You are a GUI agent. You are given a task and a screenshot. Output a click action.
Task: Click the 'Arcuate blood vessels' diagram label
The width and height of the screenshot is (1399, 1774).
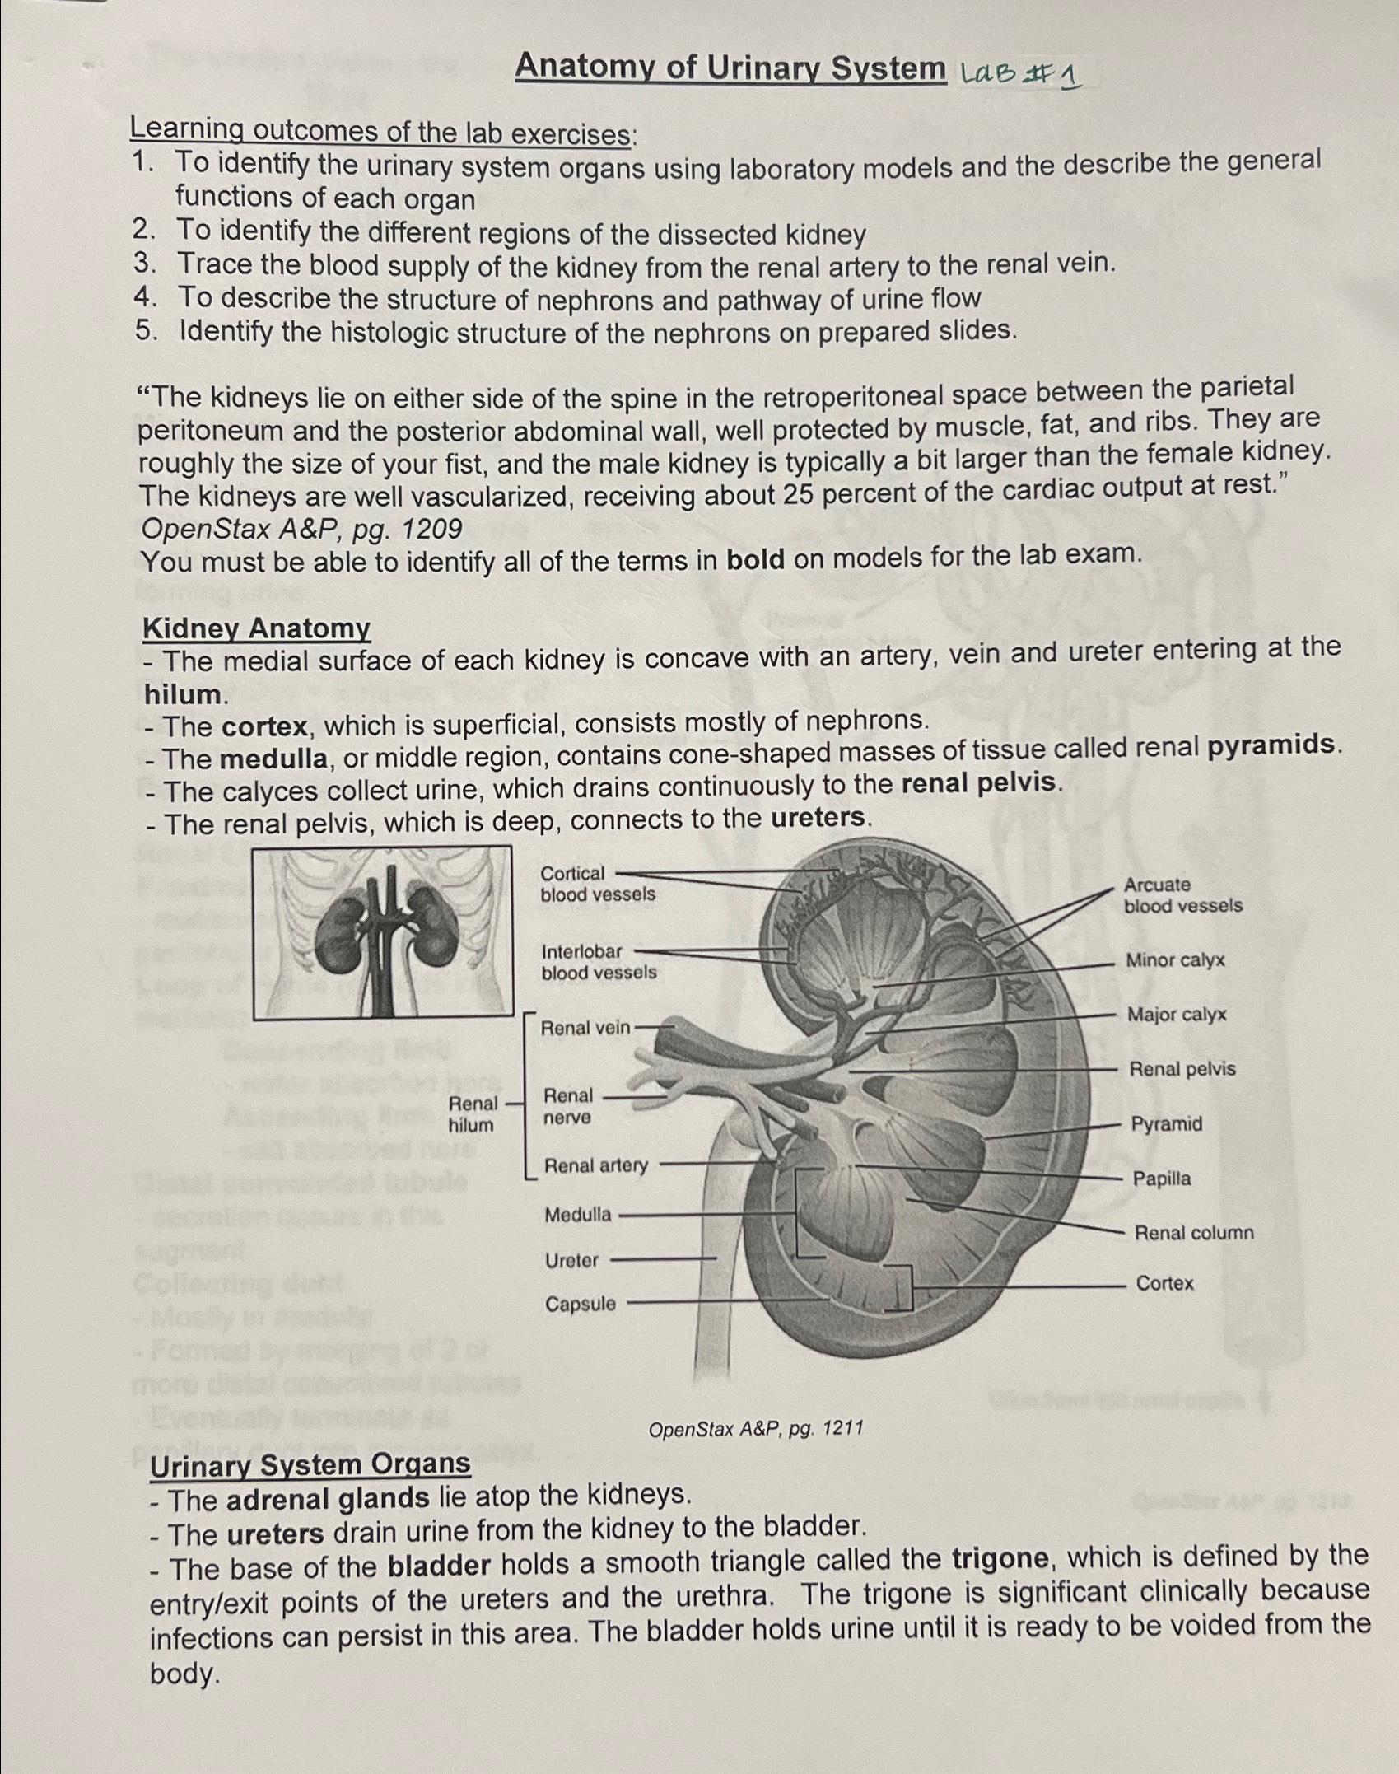pos(1182,895)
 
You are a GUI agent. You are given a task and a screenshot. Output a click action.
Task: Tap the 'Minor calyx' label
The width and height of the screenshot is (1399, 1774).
pos(1175,960)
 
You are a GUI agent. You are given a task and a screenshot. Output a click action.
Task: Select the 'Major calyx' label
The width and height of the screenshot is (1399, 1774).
pos(1176,1015)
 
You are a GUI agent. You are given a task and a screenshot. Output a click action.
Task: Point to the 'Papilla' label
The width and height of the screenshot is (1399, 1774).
pos(1161,1179)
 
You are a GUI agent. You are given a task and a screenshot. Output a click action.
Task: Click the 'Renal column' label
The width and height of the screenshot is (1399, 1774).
pos(1193,1233)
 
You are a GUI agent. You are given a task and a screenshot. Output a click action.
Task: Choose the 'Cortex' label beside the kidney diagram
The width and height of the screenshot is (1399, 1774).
pos(1164,1283)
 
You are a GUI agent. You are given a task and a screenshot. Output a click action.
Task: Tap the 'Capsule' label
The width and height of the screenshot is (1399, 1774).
pos(580,1304)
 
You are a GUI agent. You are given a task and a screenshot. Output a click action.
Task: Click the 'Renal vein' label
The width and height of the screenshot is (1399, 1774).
pos(585,1028)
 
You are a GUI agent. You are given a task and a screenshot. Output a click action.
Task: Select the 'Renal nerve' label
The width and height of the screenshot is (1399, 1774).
pos(567,1106)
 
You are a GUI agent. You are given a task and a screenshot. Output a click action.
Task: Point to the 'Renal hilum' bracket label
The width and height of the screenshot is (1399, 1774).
pos(472,1114)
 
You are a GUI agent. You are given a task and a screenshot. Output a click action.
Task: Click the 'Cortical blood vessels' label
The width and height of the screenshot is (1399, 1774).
pos(597,884)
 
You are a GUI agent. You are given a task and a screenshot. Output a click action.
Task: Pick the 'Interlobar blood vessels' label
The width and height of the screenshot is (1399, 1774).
pos(598,962)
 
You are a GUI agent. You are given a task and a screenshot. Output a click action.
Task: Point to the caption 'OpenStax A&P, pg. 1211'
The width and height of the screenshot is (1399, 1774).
pos(755,1428)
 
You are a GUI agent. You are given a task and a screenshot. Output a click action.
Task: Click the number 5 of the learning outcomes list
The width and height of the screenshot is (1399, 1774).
pos(146,332)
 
